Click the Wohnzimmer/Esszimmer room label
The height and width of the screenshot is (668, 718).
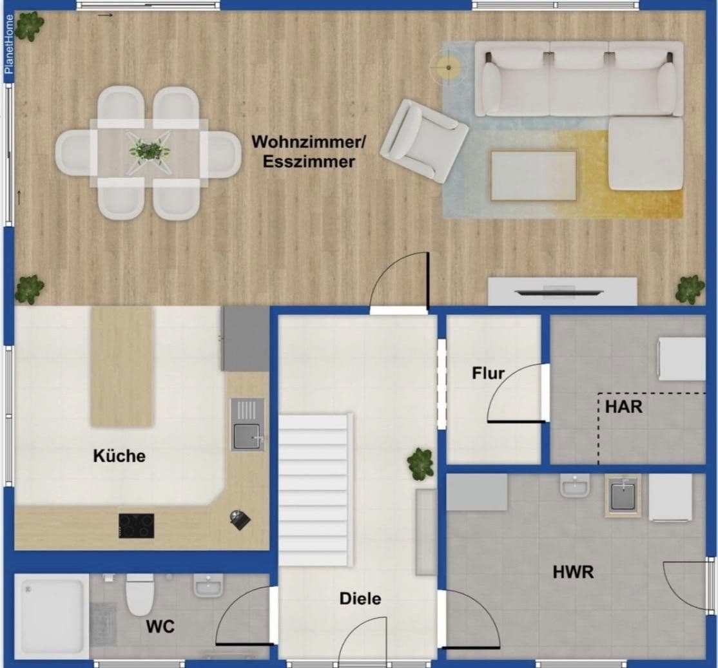pyautogui.click(x=303, y=151)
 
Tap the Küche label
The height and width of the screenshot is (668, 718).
pyautogui.click(x=119, y=456)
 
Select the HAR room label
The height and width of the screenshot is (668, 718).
pyautogui.click(x=623, y=407)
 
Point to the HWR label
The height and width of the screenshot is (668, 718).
pyautogui.click(x=573, y=571)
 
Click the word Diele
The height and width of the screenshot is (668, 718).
pyautogui.click(x=360, y=599)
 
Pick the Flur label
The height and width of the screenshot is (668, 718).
pyautogui.click(x=488, y=373)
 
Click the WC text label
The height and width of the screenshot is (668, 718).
pyautogui.click(x=160, y=626)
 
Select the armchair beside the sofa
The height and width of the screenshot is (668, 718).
pyautogui.click(x=423, y=140)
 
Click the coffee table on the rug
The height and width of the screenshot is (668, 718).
pyautogui.click(x=534, y=176)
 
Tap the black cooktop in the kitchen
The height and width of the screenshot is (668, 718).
pyautogui.click(x=136, y=526)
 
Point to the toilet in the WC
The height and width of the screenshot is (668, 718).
pyautogui.click(x=140, y=594)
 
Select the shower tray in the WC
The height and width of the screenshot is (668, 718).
pyautogui.click(x=52, y=615)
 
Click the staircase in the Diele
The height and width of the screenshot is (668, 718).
pyautogui.click(x=315, y=490)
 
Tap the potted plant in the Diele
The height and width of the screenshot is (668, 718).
pyautogui.click(x=421, y=463)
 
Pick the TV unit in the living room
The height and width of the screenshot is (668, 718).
pyautogui.click(x=562, y=291)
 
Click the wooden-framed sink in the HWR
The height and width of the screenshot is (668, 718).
pyautogui.click(x=623, y=496)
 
